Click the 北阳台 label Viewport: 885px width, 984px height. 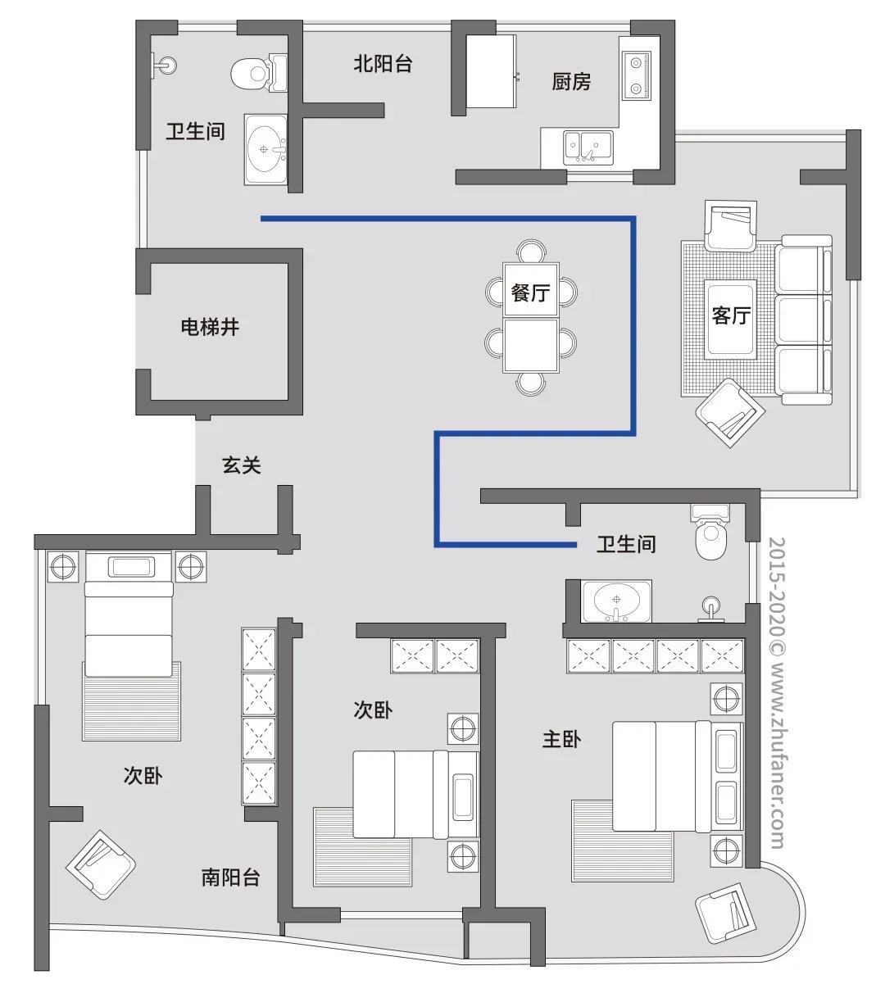pos(382,64)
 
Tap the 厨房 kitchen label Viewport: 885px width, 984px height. pos(571,82)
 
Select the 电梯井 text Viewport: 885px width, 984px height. pos(210,328)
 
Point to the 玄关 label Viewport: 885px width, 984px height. pos(242,466)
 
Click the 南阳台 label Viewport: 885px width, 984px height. pos(231,877)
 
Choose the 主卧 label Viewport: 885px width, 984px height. pos(561,740)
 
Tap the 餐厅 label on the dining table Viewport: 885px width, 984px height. pos(530,292)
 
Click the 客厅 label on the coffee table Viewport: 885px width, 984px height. pos(731,315)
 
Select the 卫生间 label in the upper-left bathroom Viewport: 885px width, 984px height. pos(195,131)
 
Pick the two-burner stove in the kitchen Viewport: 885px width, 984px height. pos(635,75)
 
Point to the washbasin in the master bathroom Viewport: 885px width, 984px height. pos(616,601)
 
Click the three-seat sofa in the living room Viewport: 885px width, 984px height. pos(804,320)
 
